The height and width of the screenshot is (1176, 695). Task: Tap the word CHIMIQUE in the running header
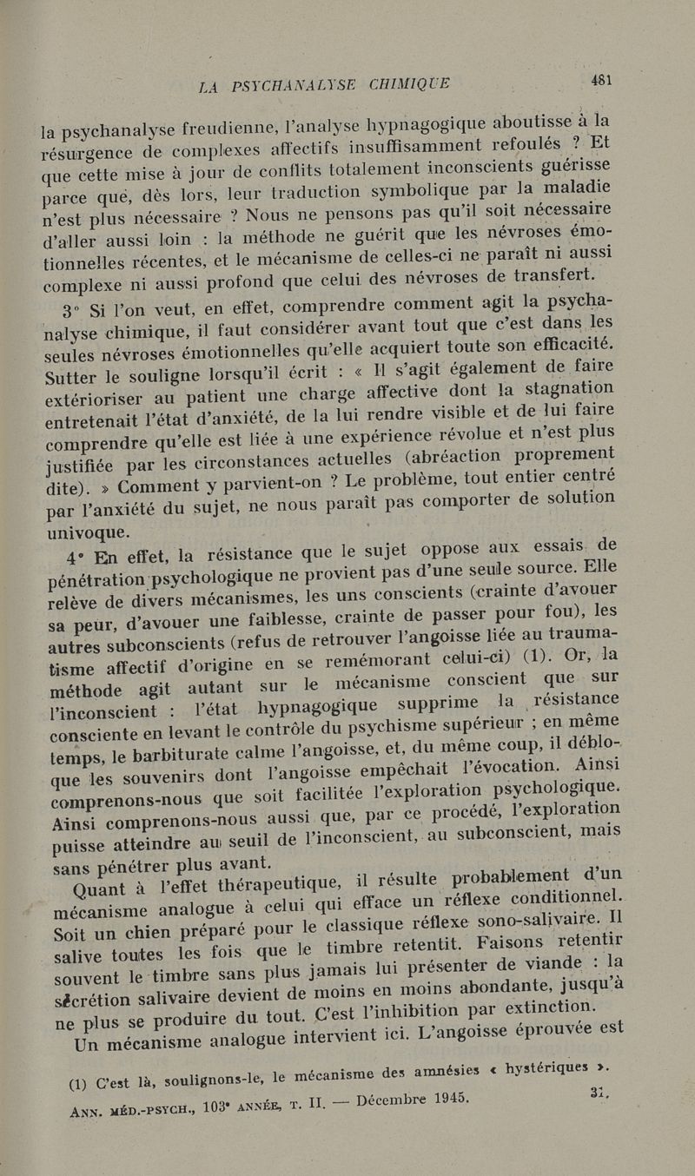pyautogui.click(x=408, y=83)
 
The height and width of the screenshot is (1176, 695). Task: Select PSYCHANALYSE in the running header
pyautogui.click(x=291, y=85)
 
